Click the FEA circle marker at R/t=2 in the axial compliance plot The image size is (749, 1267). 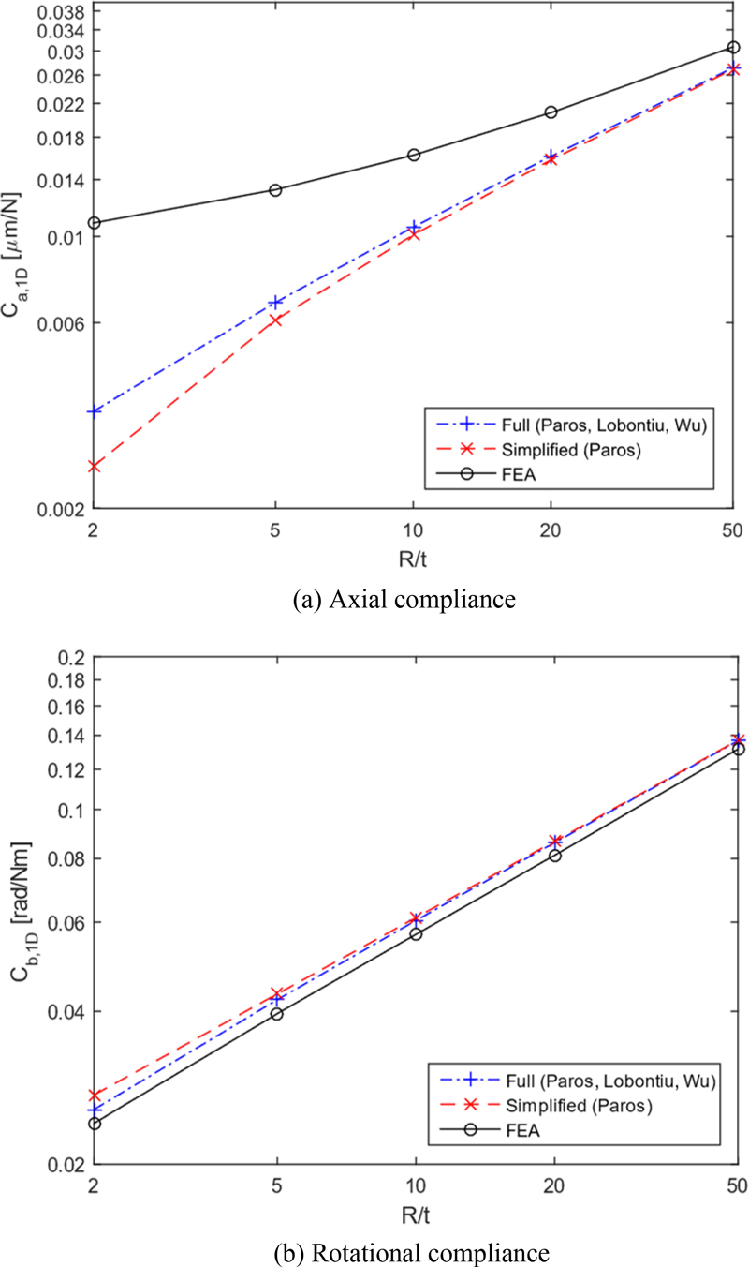(x=94, y=223)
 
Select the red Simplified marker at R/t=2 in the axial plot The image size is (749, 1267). (x=94, y=466)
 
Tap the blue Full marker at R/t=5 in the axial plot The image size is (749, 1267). (x=276, y=302)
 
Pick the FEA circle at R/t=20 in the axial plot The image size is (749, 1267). (x=551, y=112)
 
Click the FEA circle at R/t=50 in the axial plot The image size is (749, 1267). (x=733, y=48)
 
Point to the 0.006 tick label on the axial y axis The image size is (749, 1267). (x=59, y=323)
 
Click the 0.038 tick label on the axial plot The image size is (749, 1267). (x=59, y=12)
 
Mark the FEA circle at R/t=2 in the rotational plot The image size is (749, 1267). (x=94, y=1123)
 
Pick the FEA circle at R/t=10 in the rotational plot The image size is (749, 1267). (x=415, y=933)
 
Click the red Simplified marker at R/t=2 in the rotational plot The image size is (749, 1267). (x=94, y=1095)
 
